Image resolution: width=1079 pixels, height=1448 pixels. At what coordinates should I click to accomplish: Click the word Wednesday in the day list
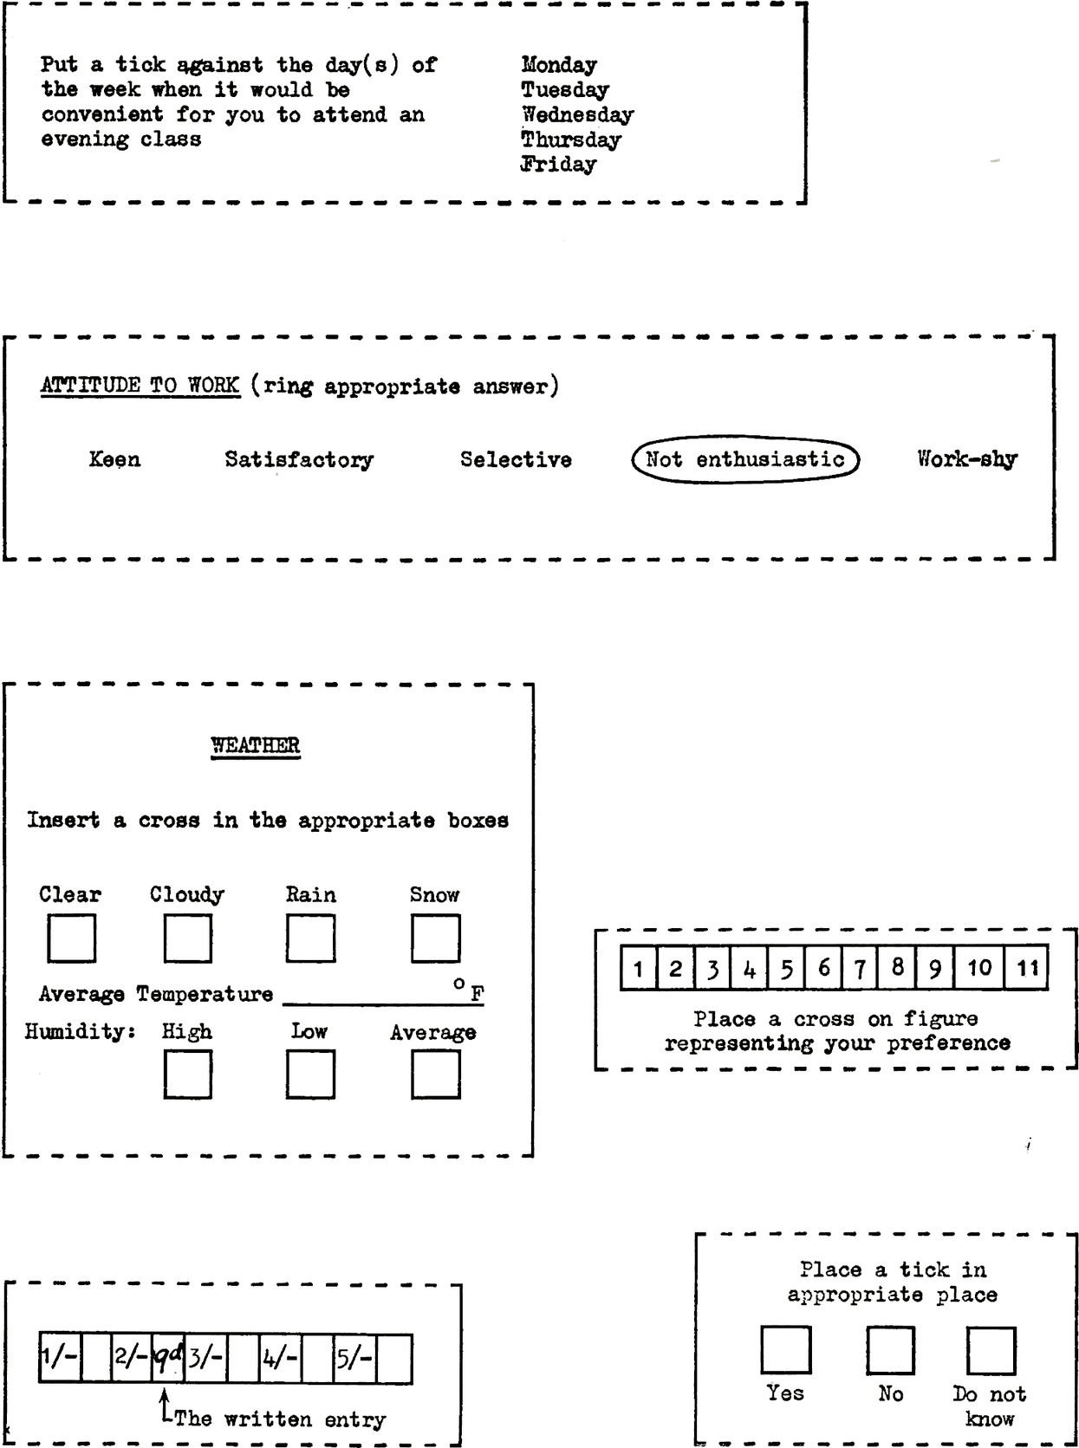pyautogui.click(x=577, y=114)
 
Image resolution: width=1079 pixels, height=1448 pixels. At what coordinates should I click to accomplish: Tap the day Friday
pyautogui.click(x=558, y=164)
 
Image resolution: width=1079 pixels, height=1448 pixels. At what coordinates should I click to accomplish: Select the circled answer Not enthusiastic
pyautogui.click(x=745, y=458)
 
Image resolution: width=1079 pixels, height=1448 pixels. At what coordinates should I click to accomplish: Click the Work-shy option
pyautogui.click(x=967, y=458)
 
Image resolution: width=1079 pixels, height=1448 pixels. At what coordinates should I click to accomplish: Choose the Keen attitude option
pyautogui.click(x=114, y=458)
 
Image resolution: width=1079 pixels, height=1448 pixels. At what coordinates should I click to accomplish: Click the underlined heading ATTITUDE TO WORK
pyautogui.click(x=140, y=386)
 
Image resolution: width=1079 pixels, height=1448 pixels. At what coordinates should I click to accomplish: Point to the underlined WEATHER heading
pyautogui.click(x=256, y=745)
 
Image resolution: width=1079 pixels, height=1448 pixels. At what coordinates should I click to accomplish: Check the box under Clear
pyautogui.click(x=71, y=939)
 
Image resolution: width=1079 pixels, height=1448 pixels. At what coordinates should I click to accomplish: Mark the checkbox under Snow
pyautogui.click(x=435, y=939)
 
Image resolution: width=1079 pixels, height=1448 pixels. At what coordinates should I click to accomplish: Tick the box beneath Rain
pyautogui.click(x=310, y=939)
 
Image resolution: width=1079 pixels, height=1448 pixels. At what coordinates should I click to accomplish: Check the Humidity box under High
pyautogui.click(x=187, y=1075)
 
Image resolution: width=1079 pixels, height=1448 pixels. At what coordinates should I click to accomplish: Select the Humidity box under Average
pyautogui.click(x=435, y=1075)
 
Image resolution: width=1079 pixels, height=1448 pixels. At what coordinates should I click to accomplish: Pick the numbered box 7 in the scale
pyautogui.click(x=859, y=968)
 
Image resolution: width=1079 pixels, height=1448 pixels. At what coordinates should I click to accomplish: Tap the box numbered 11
pyautogui.click(x=1026, y=968)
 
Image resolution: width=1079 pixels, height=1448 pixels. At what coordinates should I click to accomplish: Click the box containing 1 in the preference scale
pyautogui.click(x=638, y=968)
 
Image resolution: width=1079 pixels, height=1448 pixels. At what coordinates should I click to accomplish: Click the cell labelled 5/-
pyautogui.click(x=354, y=1360)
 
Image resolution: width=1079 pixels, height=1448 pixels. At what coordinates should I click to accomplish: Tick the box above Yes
pyautogui.click(x=785, y=1350)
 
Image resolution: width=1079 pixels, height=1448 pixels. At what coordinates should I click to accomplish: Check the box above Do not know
pyautogui.click(x=990, y=1350)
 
